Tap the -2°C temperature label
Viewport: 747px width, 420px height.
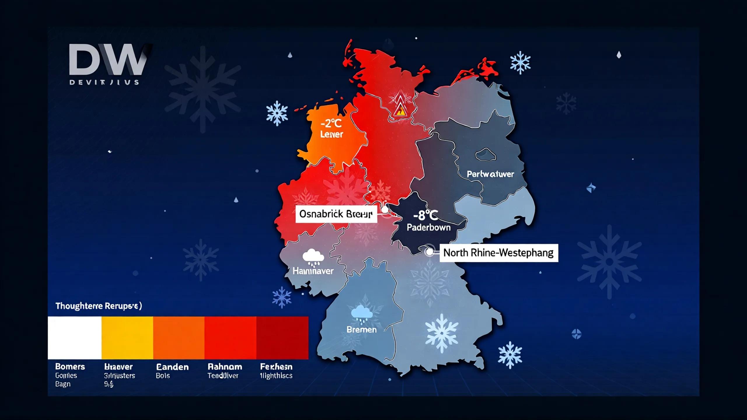331,124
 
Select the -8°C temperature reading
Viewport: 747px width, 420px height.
426,216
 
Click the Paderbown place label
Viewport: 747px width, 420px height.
428,228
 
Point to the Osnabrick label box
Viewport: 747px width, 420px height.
336,214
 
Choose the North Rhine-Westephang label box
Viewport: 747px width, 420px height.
498,253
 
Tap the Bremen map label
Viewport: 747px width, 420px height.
362,330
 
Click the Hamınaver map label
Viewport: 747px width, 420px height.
313,271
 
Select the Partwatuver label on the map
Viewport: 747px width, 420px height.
490,174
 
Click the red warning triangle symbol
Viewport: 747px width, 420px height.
399,111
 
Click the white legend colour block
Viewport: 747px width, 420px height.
75,338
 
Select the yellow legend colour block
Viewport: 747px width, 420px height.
127,338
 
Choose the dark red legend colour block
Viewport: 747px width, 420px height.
282,338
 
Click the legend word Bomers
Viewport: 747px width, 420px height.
70,367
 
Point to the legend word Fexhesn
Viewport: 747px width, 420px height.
276,367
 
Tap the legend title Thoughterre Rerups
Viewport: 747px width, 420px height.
99,306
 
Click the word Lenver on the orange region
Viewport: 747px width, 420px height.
331,134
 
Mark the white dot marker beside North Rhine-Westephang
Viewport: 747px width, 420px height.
429,252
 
